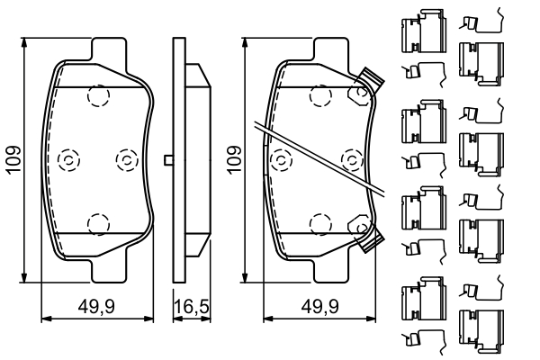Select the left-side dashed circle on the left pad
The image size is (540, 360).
click(67, 159)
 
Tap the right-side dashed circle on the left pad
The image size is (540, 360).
click(125, 159)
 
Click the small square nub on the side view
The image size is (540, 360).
click(168, 160)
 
